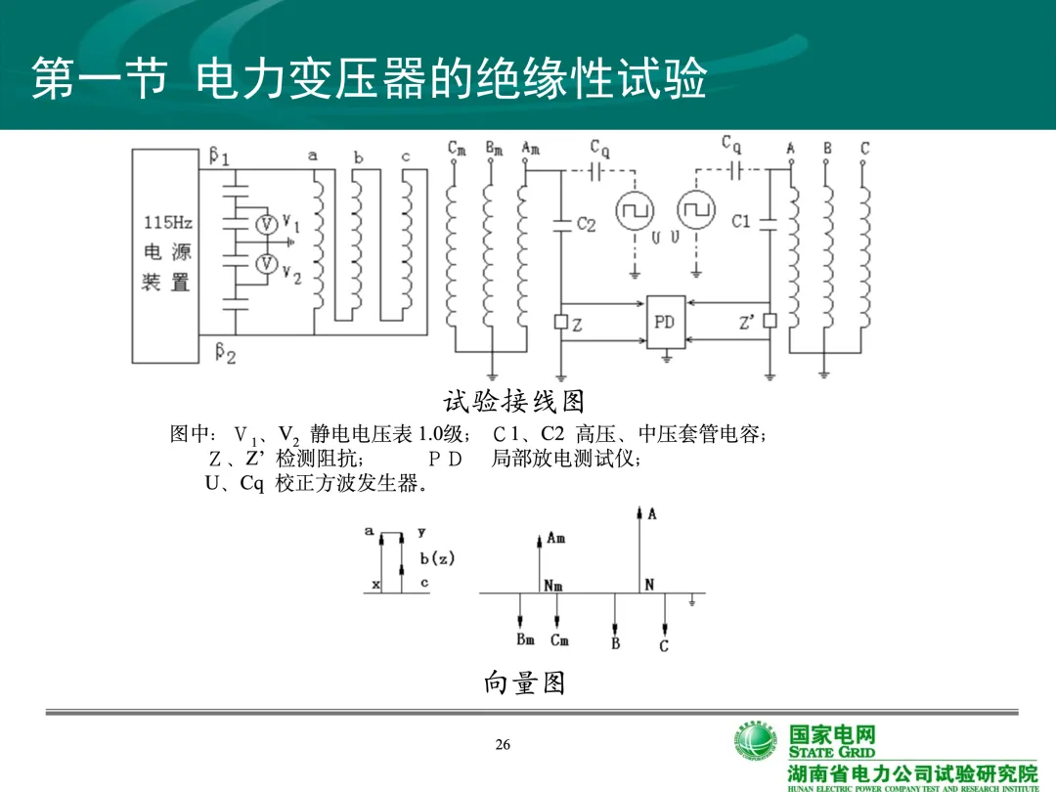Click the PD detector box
665,322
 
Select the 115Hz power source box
166,257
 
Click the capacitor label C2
586,224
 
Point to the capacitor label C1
741,222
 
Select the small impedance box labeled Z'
770,321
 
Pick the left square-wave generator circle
635,209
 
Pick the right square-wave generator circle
695,209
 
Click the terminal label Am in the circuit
531,148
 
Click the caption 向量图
524,682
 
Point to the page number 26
503,746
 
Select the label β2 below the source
226,353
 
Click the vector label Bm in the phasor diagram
525,640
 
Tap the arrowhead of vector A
639,511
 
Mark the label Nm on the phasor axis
554,586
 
